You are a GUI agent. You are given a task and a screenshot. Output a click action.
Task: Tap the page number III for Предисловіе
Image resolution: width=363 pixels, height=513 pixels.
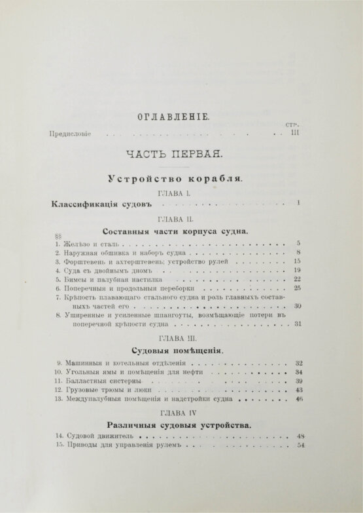[294, 132]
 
